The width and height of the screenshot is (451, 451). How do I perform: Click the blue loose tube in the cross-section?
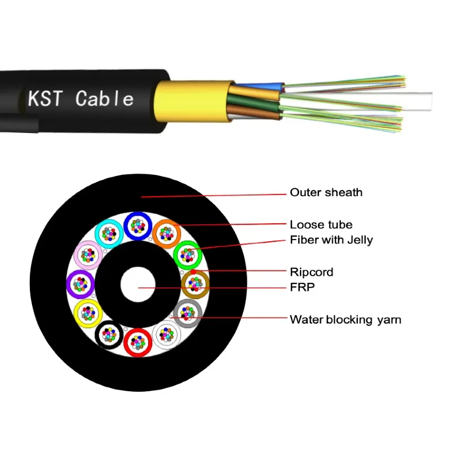coord(137,226)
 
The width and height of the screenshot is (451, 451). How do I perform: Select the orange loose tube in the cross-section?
coord(166,232)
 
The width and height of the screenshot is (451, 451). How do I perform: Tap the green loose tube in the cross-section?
coord(187,255)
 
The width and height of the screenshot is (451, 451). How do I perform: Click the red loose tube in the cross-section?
coord(137,342)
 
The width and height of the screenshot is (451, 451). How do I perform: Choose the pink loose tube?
coord(89,255)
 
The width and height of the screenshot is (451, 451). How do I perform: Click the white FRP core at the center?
coord(138,284)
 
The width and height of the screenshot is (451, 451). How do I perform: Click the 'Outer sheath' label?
coord(326,193)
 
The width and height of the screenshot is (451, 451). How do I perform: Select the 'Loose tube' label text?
coord(321,225)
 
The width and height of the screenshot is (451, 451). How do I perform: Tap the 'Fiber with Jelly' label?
coord(331,240)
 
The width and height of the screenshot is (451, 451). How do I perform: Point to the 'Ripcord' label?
coord(311,272)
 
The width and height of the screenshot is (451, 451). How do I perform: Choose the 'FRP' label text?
coord(302,287)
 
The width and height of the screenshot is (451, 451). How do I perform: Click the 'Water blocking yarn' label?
coord(345,320)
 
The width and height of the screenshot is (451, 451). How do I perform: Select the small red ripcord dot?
coord(193,272)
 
